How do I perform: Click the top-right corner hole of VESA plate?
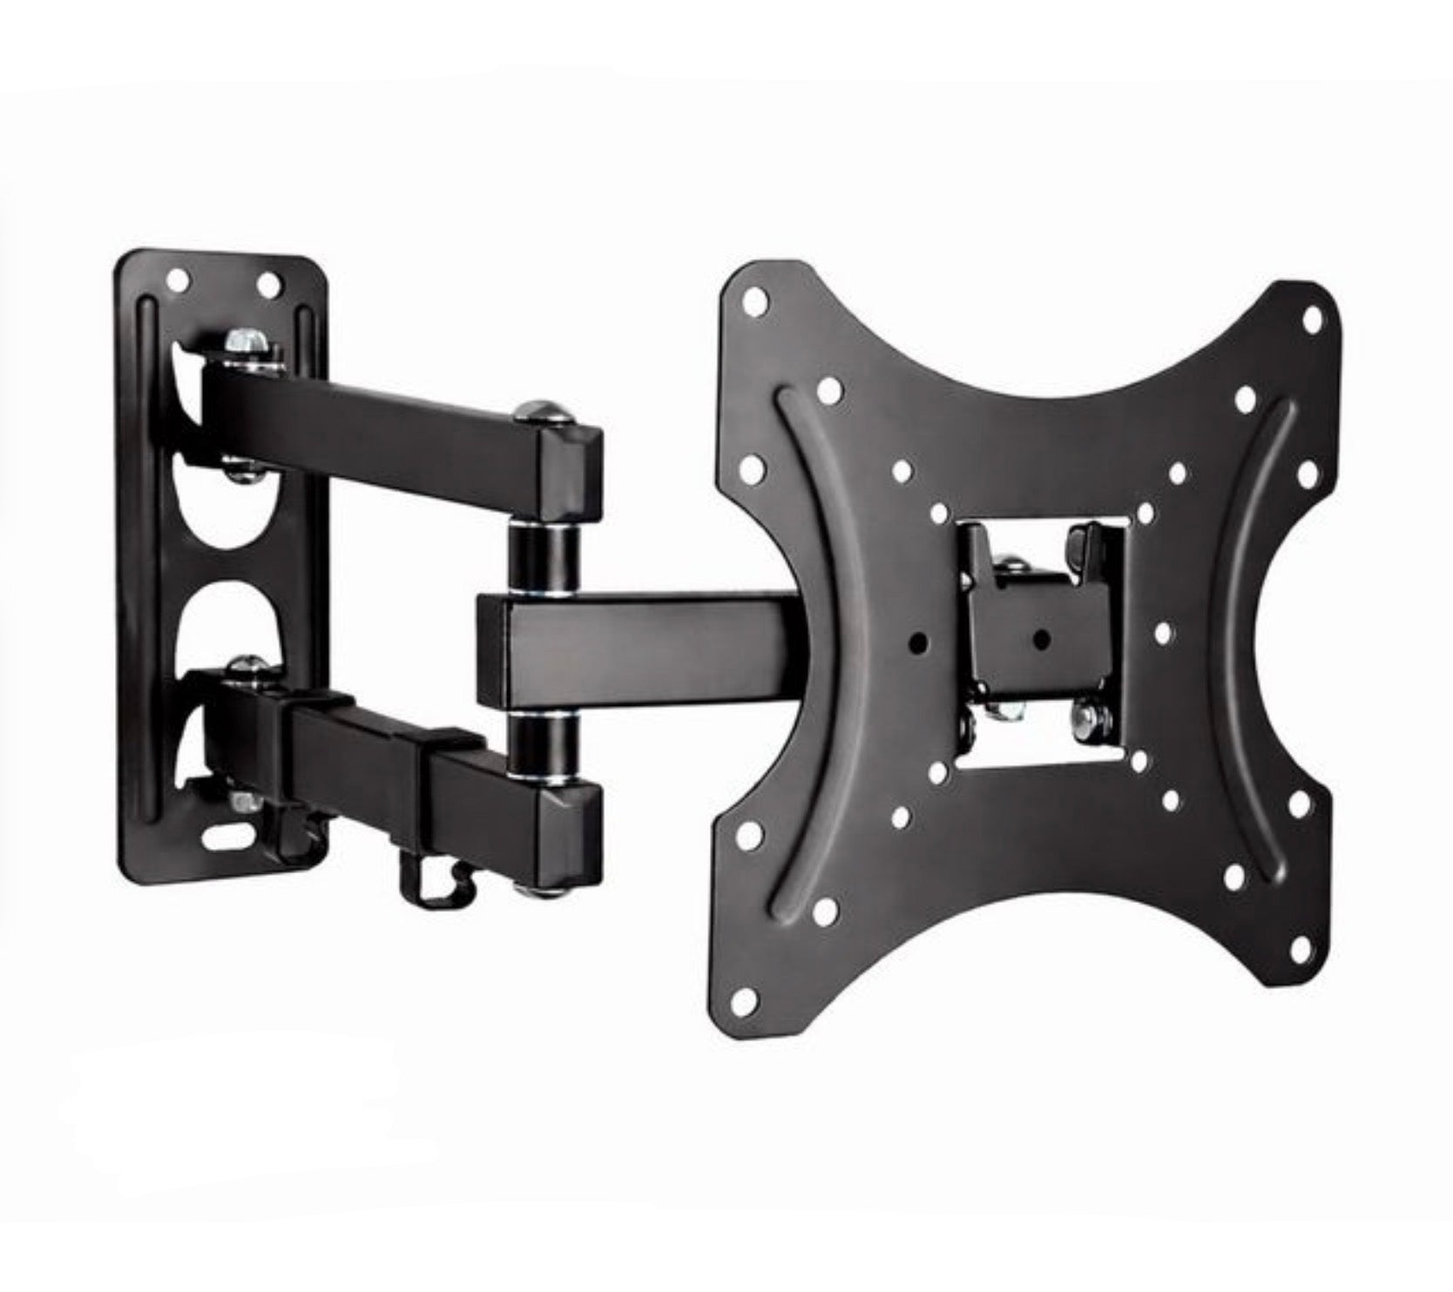[1312, 320]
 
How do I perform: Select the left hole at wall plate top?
[179, 281]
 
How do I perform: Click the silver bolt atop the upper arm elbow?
[543, 410]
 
